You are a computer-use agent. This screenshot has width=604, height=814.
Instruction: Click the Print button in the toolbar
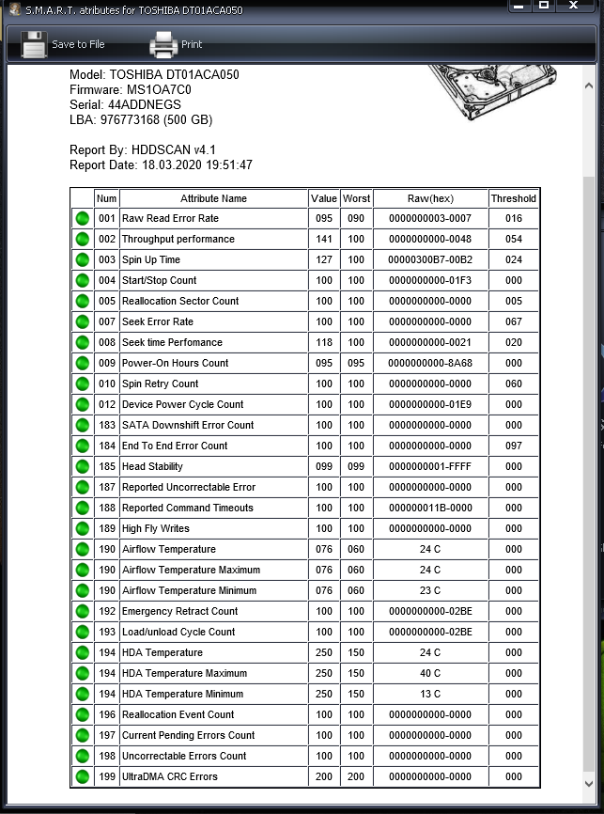pyautogui.click(x=176, y=44)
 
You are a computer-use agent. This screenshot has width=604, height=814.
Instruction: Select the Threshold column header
pyautogui.click(x=513, y=198)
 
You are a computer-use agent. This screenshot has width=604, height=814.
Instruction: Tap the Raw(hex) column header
pyautogui.click(x=430, y=198)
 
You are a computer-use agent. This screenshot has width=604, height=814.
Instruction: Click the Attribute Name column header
pyautogui.click(x=213, y=198)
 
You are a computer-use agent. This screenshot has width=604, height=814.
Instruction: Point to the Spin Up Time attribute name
pyautogui.click(x=151, y=259)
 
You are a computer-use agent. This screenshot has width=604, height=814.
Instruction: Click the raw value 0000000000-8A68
pyautogui.click(x=430, y=363)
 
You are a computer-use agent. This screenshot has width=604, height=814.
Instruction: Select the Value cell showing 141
pyautogui.click(x=324, y=239)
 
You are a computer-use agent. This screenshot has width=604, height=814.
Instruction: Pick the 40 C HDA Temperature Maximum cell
pyautogui.click(x=430, y=673)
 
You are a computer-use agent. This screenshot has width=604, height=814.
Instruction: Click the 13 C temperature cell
pyautogui.click(x=430, y=694)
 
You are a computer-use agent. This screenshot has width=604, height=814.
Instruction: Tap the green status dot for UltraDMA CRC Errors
pyautogui.click(x=82, y=776)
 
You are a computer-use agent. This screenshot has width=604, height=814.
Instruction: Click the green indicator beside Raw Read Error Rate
pyautogui.click(x=82, y=218)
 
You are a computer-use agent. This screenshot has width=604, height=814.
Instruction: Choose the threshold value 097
pyautogui.click(x=513, y=446)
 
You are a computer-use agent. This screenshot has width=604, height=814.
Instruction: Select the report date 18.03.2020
pyautogui.click(x=173, y=165)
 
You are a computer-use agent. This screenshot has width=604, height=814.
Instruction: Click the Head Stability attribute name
pyautogui.click(x=152, y=466)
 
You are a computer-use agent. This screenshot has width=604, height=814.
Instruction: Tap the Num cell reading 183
pyautogui.click(x=106, y=425)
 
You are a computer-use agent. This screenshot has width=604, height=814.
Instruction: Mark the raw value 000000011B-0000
pyautogui.click(x=430, y=508)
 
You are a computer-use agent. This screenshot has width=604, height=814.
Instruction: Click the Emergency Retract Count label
pyautogui.click(x=179, y=611)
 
